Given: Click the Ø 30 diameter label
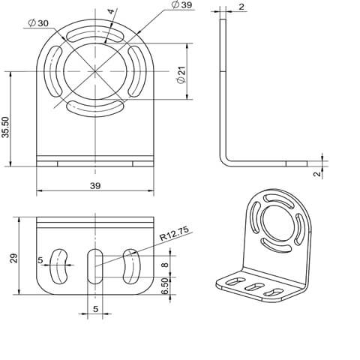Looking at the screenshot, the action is pyautogui.click(x=38, y=23).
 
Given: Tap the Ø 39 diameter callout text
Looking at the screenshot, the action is pyautogui.click(x=182, y=4).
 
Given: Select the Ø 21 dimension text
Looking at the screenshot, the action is pyautogui.click(x=181, y=75).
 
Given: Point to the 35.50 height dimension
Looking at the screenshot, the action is pyautogui.click(x=5, y=127).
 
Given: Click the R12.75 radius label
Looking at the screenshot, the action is pyautogui.click(x=174, y=233).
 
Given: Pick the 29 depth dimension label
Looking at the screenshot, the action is pyautogui.click(x=14, y=258).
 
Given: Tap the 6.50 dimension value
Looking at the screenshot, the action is pyautogui.click(x=165, y=286).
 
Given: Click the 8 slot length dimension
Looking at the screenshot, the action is pyautogui.click(x=165, y=264).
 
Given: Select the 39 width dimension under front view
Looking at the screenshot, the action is pyautogui.click(x=95, y=186).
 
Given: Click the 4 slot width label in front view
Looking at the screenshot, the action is pyautogui.click(x=111, y=11).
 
